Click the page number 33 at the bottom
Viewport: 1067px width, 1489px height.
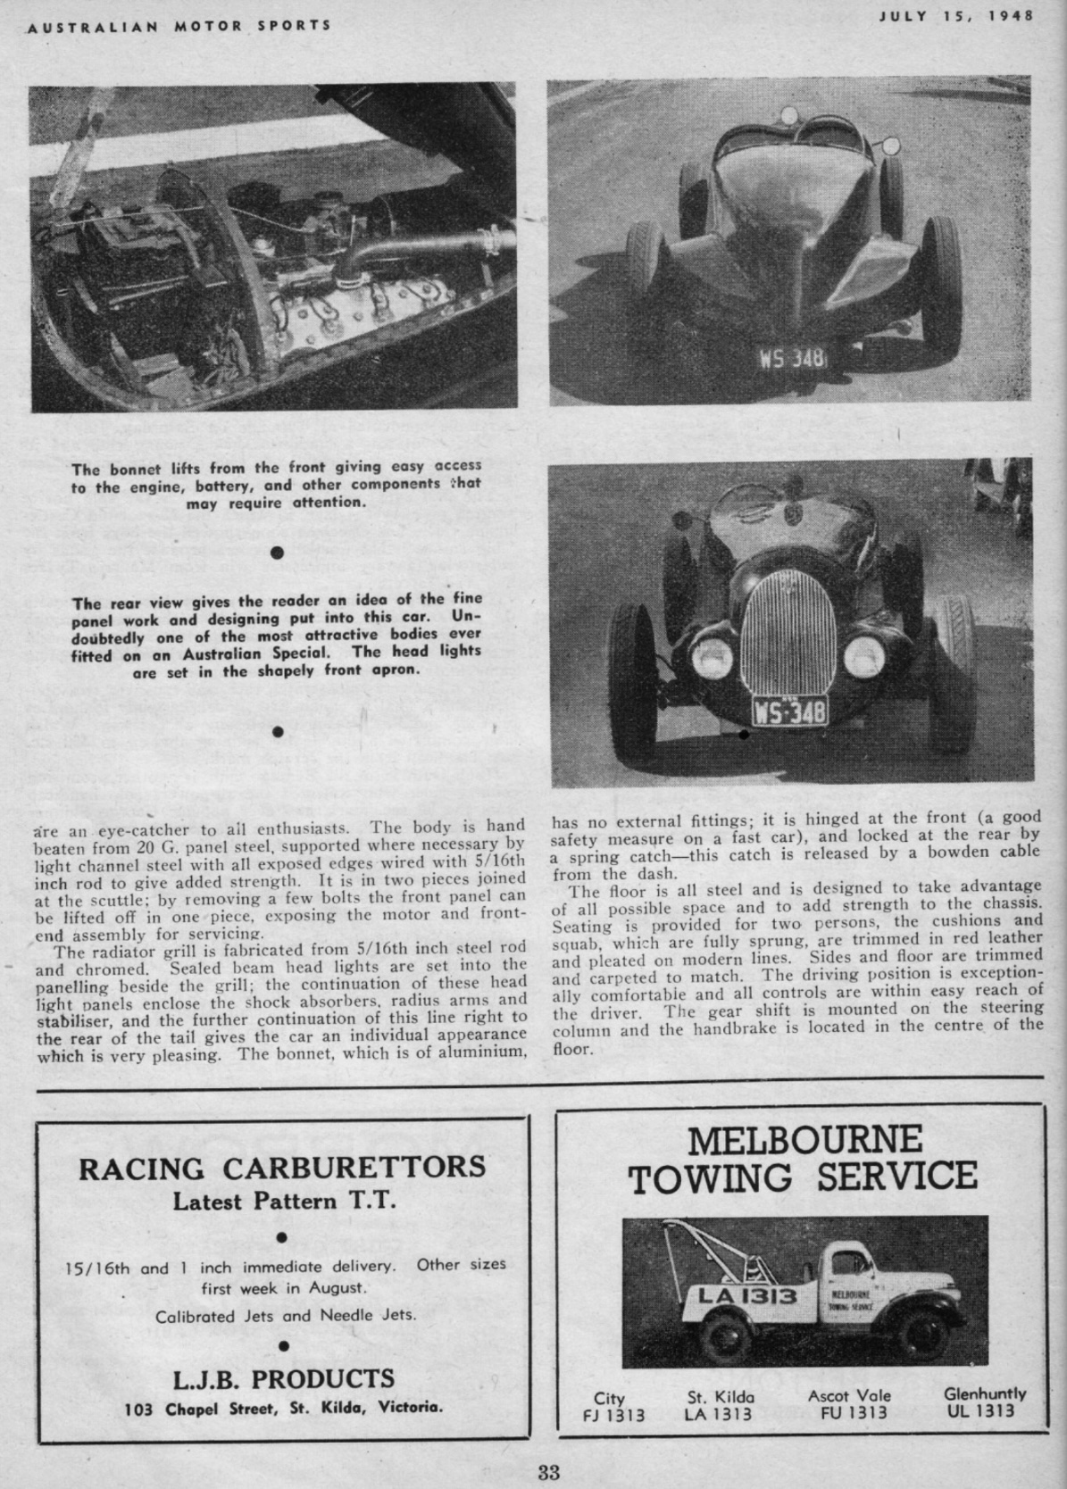point(547,1471)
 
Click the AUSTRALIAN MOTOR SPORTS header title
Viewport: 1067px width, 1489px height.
point(179,25)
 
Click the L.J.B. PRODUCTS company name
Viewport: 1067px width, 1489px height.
point(283,1378)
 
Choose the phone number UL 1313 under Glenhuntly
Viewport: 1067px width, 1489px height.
point(984,1410)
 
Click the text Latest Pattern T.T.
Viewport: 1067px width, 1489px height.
point(283,1202)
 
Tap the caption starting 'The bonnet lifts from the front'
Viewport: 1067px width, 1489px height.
point(276,484)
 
